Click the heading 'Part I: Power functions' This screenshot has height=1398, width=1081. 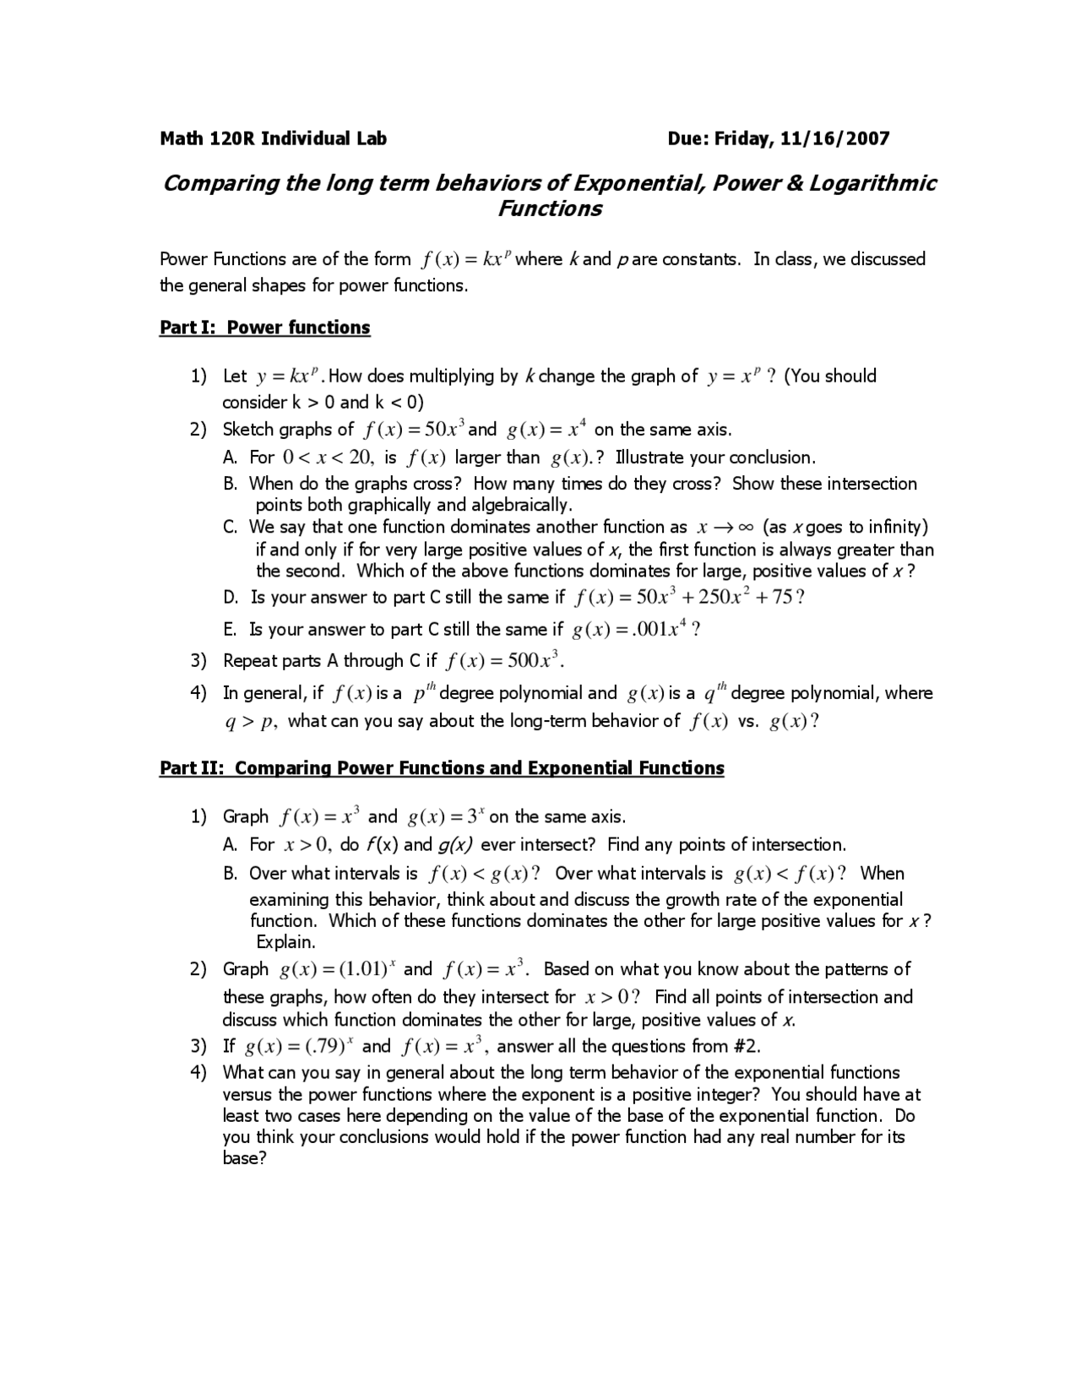(x=265, y=328)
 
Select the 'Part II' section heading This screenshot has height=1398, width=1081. (x=442, y=768)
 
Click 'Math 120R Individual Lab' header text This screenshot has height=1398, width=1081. (x=274, y=138)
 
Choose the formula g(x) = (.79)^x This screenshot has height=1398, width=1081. (x=300, y=1047)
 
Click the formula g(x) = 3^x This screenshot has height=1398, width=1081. (x=446, y=817)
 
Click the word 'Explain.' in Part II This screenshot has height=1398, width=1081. (x=285, y=942)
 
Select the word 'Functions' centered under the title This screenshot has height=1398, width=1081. (x=549, y=209)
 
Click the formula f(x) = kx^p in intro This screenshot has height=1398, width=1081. (x=464, y=259)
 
